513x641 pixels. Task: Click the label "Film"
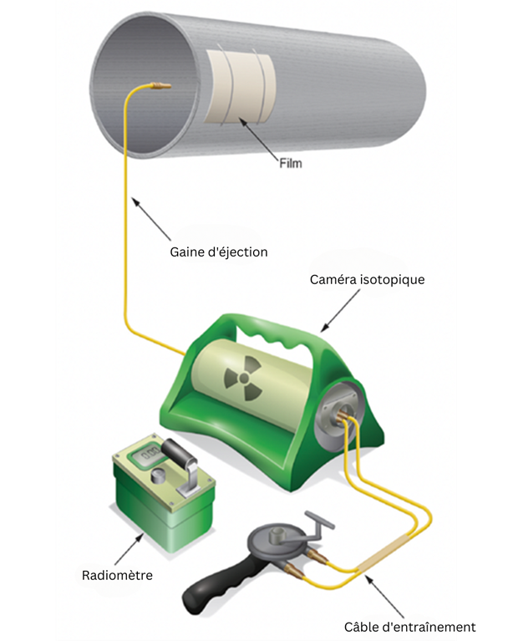pos(290,164)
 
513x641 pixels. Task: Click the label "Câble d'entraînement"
pos(402,626)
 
